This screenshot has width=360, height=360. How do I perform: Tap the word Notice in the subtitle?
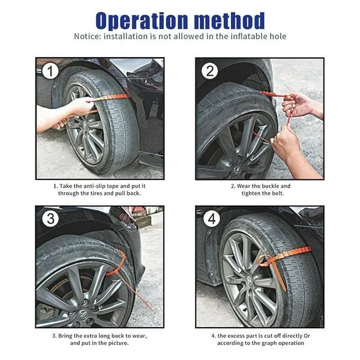(88, 36)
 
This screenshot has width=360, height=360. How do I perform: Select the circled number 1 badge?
(51, 71)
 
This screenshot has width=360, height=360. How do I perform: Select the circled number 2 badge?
(210, 71)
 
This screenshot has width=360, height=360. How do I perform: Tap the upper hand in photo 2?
(298, 105)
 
